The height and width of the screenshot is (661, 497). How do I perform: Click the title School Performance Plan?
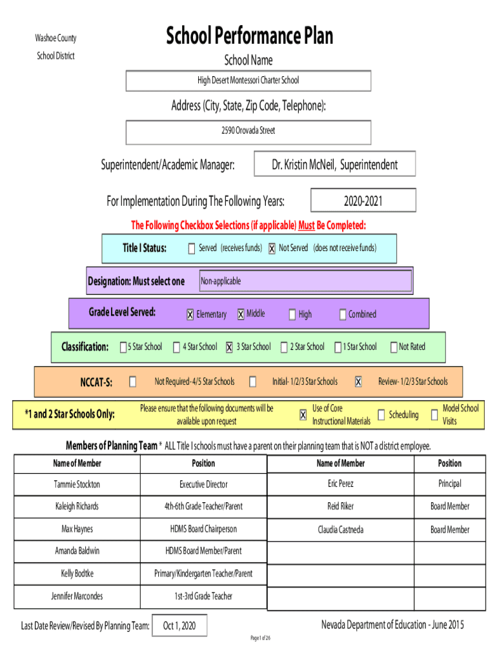(x=249, y=36)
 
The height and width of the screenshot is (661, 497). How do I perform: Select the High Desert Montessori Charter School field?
(x=248, y=81)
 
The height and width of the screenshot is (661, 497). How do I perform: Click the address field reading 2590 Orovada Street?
(x=248, y=132)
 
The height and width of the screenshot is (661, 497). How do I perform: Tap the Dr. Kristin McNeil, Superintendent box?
(x=335, y=164)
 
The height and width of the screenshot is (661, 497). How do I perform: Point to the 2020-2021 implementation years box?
(x=363, y=201)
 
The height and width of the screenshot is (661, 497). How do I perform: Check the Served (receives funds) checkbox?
(x=191, y=249)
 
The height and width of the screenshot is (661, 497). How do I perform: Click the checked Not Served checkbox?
(x=272, y=249)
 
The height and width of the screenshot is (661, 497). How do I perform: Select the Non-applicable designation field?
(x=305, y=281)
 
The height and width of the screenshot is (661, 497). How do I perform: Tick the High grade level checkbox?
(x=292, y=314)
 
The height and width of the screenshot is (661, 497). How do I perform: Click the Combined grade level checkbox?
(x=343, y=314)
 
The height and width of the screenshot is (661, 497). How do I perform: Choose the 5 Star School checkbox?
(x=123, y=347)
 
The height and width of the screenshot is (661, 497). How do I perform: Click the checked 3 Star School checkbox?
(x=229, y=347)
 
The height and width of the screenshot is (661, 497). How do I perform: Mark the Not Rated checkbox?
(x=393, y=347)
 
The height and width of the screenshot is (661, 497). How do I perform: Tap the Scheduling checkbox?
(x=381, y=414)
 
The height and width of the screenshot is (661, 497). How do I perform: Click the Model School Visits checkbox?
(x=434, y=414)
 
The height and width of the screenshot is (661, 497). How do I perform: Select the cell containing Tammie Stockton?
(x=77, y=484)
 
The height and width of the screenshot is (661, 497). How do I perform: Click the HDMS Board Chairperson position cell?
(x=203, y=529)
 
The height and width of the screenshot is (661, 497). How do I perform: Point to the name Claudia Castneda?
(x=340, y=529)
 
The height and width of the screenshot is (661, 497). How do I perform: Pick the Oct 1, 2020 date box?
(x=179, y=625)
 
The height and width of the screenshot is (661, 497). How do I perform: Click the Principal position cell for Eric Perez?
(x=449, y=483)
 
